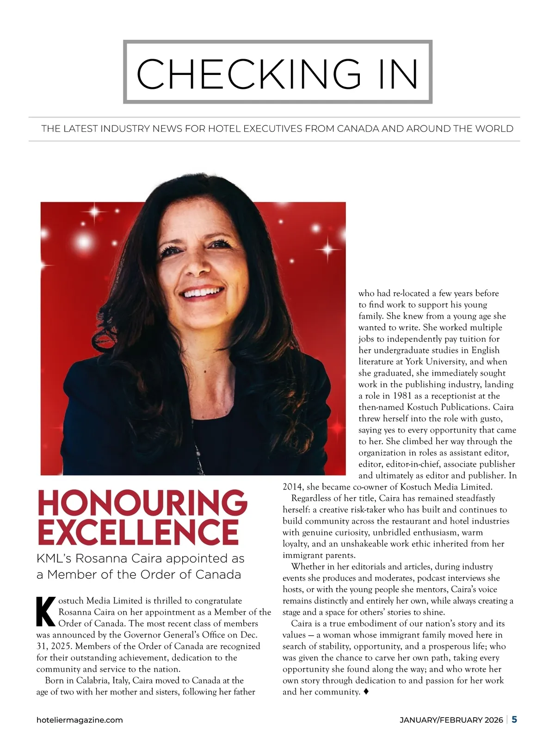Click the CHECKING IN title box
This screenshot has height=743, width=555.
pyautogui.click(x=277, y=72)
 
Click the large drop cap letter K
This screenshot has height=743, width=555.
pyautogui.click(x=45, y=612)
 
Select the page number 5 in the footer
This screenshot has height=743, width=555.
pyautogui.click(x=514, y=719)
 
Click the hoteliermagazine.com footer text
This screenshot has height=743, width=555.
pyautogui.click(x=80, y=720)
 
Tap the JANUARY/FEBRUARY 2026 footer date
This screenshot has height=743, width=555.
pyautogui.click(x=451, y=720)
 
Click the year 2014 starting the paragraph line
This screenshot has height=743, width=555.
pyautogui.click(x=292, y=487)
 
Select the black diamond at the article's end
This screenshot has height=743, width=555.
pyautogui.click(x=366, y=692)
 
